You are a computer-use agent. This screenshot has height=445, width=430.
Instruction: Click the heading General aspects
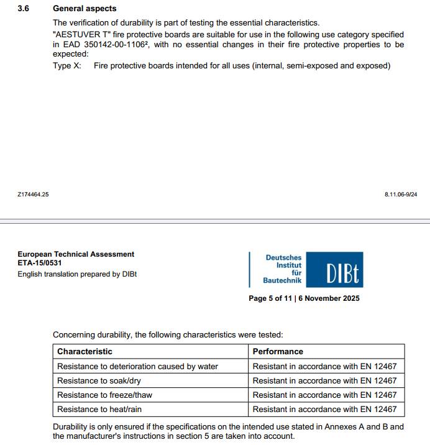click(85, 9)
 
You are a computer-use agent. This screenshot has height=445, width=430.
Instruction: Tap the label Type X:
click(66, 66)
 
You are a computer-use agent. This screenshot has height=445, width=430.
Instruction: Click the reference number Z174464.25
click(33, 195)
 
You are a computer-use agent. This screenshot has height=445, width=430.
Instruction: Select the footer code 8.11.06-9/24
click(401, 195)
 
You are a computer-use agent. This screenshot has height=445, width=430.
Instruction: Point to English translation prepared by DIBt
click(77, 274)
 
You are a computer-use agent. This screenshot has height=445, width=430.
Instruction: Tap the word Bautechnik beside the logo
click(282, 281)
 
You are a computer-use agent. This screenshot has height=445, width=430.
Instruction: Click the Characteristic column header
click(85, 352)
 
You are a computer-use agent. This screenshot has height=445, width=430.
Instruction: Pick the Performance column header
click(278, 352)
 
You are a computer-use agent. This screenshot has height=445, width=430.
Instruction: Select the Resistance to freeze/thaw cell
click(104, 395)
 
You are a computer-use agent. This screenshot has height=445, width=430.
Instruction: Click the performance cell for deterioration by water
click(324, 366)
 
